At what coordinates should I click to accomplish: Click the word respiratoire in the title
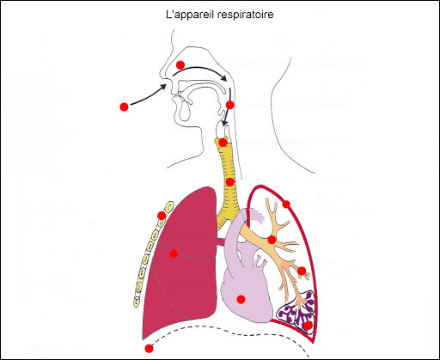pyautogui.click(x=246, y=15)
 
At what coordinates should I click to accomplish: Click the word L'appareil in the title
pyautogui.click(x=190, y=15)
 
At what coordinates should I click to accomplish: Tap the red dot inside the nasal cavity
pyautogui.click(x=180, y=65)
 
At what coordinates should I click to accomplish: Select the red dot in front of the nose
pyautogui.click(x=124, y=107)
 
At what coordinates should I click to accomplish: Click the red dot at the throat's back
pyautogui.click(x=230, y=105)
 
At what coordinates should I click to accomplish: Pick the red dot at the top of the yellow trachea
pyautogui.click(x=223, y=143)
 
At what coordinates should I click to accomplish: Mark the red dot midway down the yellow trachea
pyautogui.click(x=229, y=182)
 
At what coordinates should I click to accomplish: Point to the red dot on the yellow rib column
pyautogui.click(x=162, y=216)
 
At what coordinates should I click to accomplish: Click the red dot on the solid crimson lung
pyautogui.click(x=174, y=253)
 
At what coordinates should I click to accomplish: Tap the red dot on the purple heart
pyautogui.click(x=241, y=299)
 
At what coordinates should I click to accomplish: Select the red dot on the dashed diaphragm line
pyautogui.click(x=149, y=349)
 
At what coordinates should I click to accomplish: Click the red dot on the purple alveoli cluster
pyautogui.click(x=309, y=326)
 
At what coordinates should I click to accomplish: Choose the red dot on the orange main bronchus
pyautogui.click(x=272, y=240)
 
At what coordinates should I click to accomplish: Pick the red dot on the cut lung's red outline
pyautogui.click(x=286, y=204)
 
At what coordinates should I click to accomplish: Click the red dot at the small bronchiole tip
pyautogui.click(x=302, y=271)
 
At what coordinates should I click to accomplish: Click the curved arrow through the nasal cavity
pyautogui.click(x=200, y=70)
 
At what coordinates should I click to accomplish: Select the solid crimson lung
pyautogui.click(x=183, y=264)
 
